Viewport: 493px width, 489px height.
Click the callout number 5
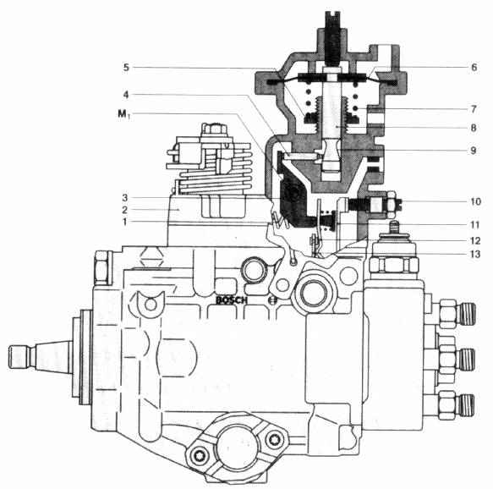(126, 68)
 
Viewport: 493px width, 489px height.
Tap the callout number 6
(474, 68)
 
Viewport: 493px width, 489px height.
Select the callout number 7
(474, 109)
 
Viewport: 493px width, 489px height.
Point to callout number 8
(474, 128)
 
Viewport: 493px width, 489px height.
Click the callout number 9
(474, 151)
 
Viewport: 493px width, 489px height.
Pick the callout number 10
(476, 201)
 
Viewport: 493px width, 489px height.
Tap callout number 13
(475, 254)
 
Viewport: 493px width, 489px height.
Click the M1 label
(123, 114)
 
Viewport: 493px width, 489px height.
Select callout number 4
(126, 95)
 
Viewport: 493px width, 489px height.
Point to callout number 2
(125, 210)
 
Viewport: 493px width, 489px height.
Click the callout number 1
(125, 222)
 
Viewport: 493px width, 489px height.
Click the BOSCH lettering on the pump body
(232, 300)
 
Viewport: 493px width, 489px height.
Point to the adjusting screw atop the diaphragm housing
(332, 37)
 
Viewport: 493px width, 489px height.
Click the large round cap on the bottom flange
(238, 446)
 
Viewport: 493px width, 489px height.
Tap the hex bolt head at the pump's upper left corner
(101, 267)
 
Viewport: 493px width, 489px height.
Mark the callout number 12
(475, 241)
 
